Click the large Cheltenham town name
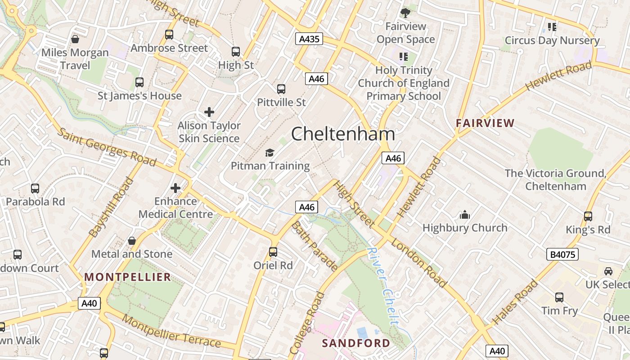[x=343, y=134]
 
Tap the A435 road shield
[x=310, y=39]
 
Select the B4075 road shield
[x=562, y=255]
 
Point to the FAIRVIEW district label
[x=485, y=123]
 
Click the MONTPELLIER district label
[x=128, y=277]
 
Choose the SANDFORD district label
[x=356, y=343]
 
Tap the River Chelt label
[x=383, y=286]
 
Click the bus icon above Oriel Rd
[x=273, y=252]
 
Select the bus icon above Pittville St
[x=281, y=89]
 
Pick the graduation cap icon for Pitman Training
[x=270, y=153]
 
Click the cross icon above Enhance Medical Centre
[x=175, y=188]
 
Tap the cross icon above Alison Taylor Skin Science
[x=209, y=112]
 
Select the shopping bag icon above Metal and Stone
[x=132, y=241]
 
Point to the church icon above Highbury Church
[x=465, y=215]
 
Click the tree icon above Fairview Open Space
[x=405, y=13]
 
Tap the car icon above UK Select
[x=608, y=271]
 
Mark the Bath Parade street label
[x=315, y=246]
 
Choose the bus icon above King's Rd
[x=588, y=216]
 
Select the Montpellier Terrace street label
[x=171, y=332]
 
